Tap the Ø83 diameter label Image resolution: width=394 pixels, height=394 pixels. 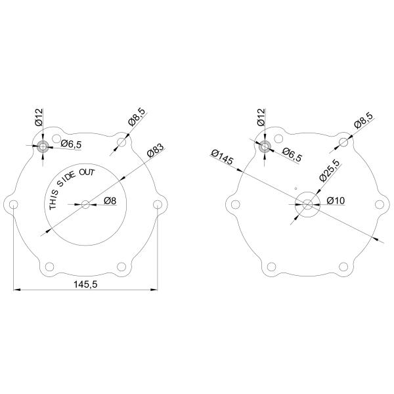(x=155, y=150)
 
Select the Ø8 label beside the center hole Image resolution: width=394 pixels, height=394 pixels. (x=110, y=201)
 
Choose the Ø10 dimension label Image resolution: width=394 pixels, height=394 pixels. (x=336, y=201)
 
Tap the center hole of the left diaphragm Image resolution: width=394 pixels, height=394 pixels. (x=86, y=204)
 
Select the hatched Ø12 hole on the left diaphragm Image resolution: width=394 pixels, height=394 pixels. (x=43, y=146)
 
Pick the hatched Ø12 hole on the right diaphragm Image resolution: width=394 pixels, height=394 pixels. (x=265, y=146)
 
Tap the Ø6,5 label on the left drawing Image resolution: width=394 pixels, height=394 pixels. (x=70, y=144)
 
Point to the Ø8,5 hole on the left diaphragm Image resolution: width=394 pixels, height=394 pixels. (x=121, y=141)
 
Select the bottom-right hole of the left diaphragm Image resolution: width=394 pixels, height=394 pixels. (x=122, y=267)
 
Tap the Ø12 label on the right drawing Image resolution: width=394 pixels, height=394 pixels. (x=261, y=118)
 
